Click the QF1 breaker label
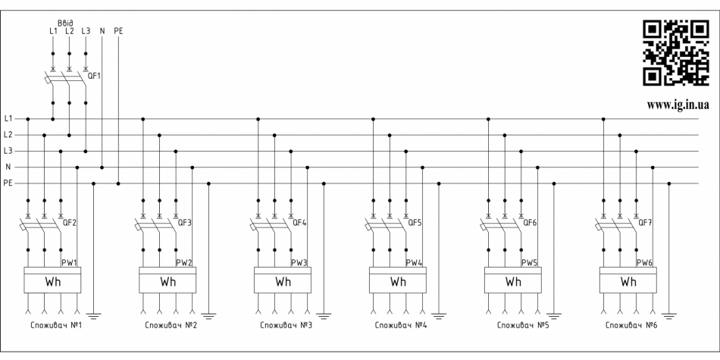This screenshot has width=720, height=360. click(95, 77)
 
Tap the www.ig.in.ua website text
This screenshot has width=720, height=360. click(678, 105)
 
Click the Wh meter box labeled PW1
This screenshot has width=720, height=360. click(53, 281)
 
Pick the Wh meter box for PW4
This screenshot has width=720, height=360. click(398, 281)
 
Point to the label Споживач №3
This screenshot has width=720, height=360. click(283, 327)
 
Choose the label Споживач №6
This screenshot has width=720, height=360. click(629, 327)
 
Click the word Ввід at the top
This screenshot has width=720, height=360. click(66, 23)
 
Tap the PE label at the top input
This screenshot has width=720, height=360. click(118, 31)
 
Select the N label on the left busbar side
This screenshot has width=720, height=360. click(8, 167)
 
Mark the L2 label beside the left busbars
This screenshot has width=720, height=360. click(8, 134)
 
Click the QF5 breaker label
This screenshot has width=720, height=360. click(415, 224)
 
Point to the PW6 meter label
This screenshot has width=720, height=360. click(644, 262)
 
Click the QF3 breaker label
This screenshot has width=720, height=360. click(184, 224)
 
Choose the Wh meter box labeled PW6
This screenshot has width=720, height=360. click(628, 281)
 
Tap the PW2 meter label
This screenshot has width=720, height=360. click(183, 262)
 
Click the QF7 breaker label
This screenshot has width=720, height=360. click(645, 224)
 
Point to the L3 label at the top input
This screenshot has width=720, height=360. click(86, 31)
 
